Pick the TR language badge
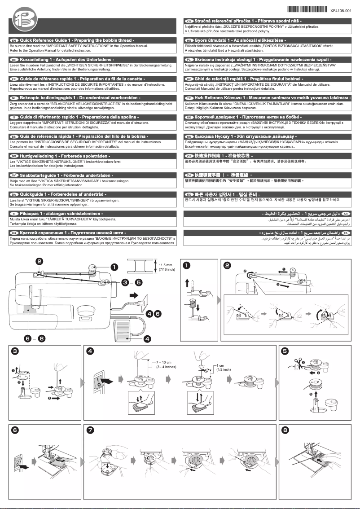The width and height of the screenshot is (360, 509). pyautogui.click(x=189, y=97)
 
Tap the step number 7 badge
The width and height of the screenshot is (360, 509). pyautogui.click(x=91, y=430)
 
